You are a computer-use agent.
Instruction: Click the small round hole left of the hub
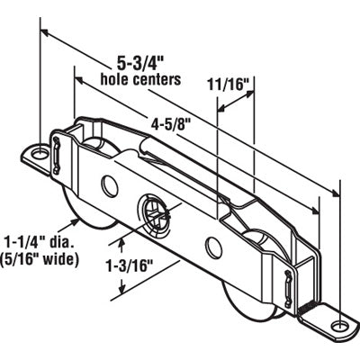click(110, 186)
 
